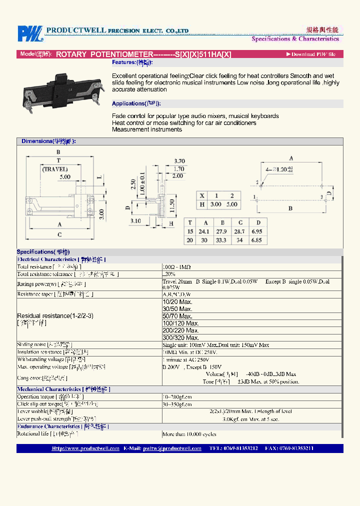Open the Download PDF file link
(313, 54)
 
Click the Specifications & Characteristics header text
(295, 38)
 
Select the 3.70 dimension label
(179, 161)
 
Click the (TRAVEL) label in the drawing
(55, 169)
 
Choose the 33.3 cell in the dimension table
(223, 240)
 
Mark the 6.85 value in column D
(258, 240)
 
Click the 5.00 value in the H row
(233, 204)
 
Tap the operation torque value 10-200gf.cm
(177, 396)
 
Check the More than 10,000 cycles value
(189, 434)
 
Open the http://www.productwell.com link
(85, 448)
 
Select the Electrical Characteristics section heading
(47, 259)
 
